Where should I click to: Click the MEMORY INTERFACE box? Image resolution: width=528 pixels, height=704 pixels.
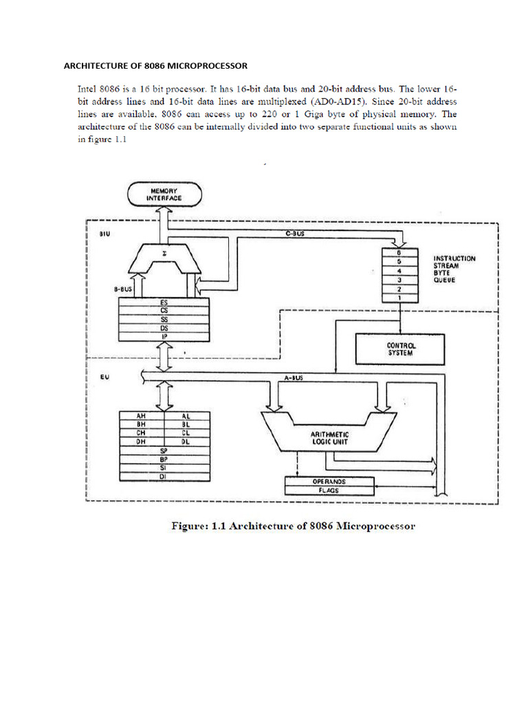point(164,193)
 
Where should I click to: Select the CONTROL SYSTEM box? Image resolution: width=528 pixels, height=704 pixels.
point(399,349)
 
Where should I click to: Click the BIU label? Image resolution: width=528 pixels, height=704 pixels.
point(104,234)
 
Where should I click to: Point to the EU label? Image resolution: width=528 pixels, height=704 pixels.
point(104,377)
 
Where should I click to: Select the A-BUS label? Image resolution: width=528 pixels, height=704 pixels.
point(294,377)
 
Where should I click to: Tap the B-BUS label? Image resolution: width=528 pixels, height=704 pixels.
point(123,289)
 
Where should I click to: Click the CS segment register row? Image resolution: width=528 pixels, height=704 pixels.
point(164,311)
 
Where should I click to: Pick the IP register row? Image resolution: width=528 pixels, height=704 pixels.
point(164,336)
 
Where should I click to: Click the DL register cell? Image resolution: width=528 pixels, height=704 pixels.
point(186,442)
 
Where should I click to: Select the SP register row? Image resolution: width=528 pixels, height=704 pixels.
point(164,451)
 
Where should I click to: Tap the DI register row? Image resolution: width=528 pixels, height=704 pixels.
point(164,476)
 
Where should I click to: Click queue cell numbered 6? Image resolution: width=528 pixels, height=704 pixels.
point(399,252)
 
